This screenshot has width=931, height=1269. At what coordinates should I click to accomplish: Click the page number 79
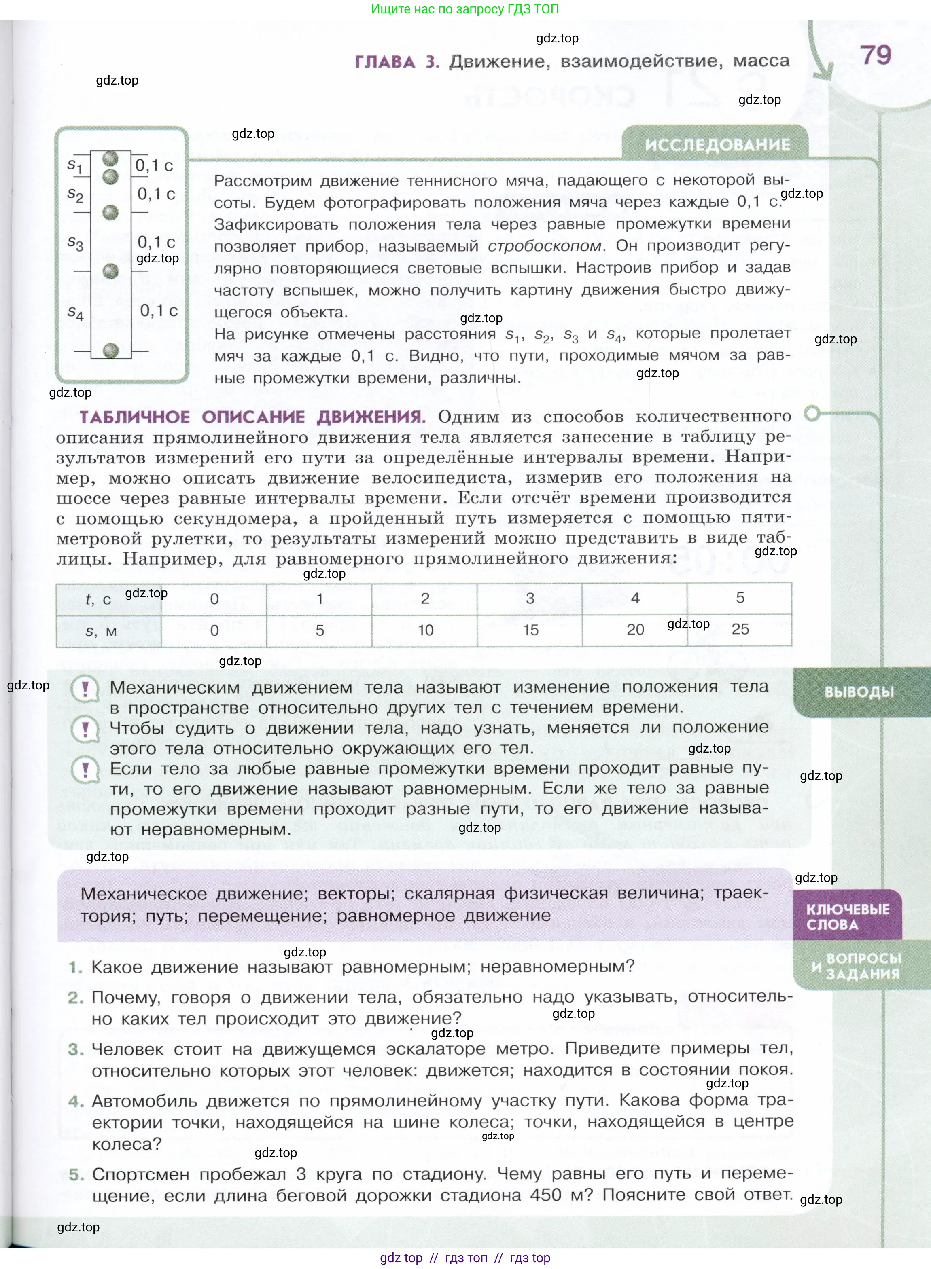click(x=876, y=55)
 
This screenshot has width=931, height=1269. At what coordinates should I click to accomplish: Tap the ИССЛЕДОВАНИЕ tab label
click(x=717, y=145)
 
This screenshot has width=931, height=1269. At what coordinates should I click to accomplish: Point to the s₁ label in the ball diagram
click(x=75, y=165)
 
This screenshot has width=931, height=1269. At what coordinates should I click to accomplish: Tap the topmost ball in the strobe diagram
click(x=110, y=158)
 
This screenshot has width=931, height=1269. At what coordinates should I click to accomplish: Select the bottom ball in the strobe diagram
click(x=111, y=350)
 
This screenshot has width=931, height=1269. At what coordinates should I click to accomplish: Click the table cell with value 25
click(x=740, y=629)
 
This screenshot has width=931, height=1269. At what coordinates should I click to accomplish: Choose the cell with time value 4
click(x=635, y=598)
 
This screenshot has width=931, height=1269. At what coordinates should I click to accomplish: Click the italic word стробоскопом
click(x=545, y=246)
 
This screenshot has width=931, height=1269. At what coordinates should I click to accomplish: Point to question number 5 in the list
click(x=76, y=1175)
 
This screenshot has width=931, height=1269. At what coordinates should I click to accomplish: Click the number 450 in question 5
click(x=545, y=1196)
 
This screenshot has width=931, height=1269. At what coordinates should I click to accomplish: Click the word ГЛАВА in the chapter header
click(x=385, y=62)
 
